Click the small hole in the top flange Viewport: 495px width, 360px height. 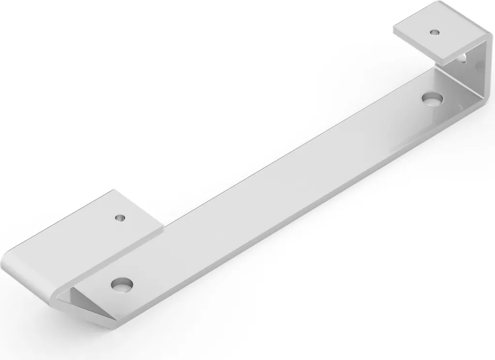click(x=435, y=32)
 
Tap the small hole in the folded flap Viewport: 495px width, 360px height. click(x=119, y=217)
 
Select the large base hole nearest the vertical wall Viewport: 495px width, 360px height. click(x=432, y=99)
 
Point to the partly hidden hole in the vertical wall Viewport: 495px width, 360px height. click(x=463, y=59)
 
